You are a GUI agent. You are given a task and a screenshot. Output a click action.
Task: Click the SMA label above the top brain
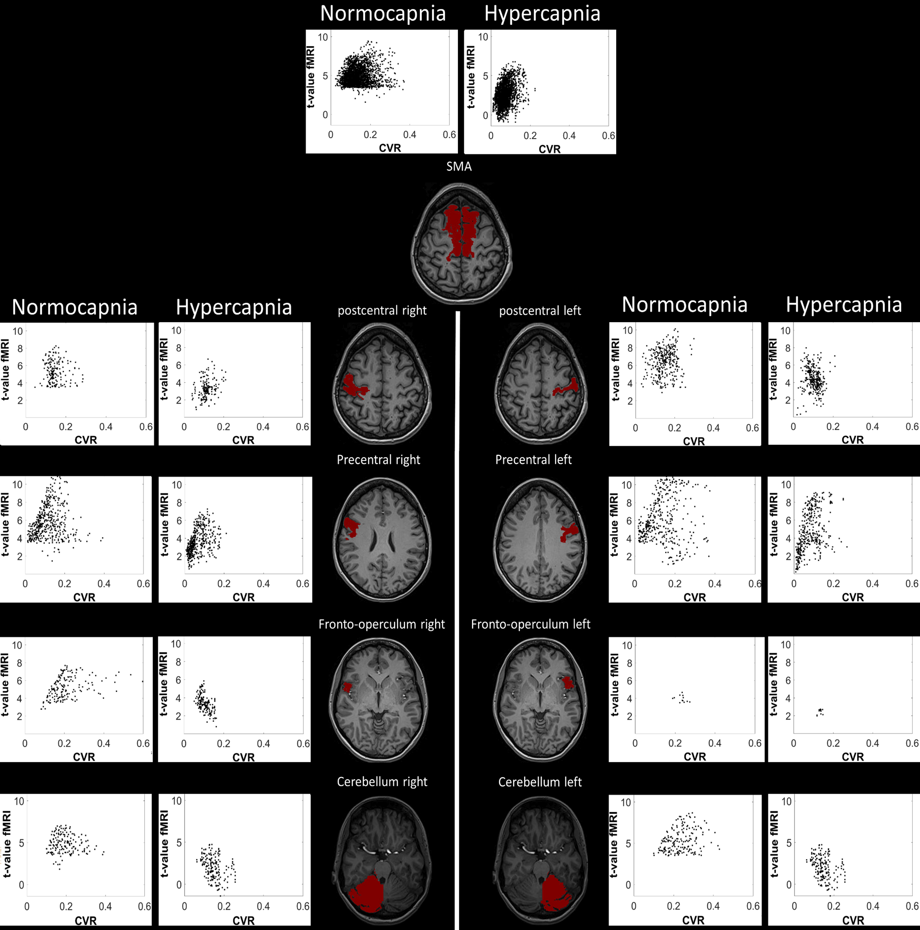459,167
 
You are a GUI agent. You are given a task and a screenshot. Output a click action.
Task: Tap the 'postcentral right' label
382,311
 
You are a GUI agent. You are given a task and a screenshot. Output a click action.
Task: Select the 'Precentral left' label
533,460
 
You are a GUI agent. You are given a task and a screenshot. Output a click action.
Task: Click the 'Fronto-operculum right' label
381,624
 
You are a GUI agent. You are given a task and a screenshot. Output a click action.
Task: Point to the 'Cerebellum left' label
540,782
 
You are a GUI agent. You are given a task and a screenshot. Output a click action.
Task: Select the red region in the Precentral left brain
570,532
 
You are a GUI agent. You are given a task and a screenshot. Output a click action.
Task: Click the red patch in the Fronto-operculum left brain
568,683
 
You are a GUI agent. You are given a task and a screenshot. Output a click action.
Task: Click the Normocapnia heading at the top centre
383,14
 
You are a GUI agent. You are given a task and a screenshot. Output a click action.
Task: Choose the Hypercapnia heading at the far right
844,305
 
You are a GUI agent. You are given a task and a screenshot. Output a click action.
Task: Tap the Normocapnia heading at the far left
74,307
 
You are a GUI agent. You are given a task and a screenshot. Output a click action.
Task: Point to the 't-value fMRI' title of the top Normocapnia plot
311,77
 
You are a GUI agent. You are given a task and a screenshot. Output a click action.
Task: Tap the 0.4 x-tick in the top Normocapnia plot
409,135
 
